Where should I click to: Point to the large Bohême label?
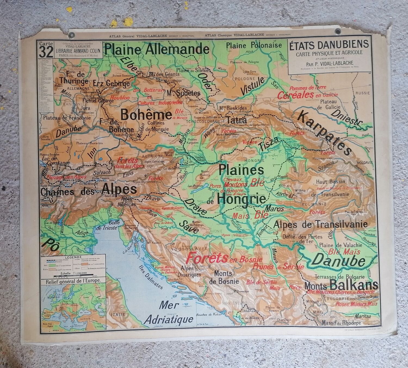[x=146, y=115]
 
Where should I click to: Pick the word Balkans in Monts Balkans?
[x=354, y=285]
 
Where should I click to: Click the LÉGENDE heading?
[x=72, y=257]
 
